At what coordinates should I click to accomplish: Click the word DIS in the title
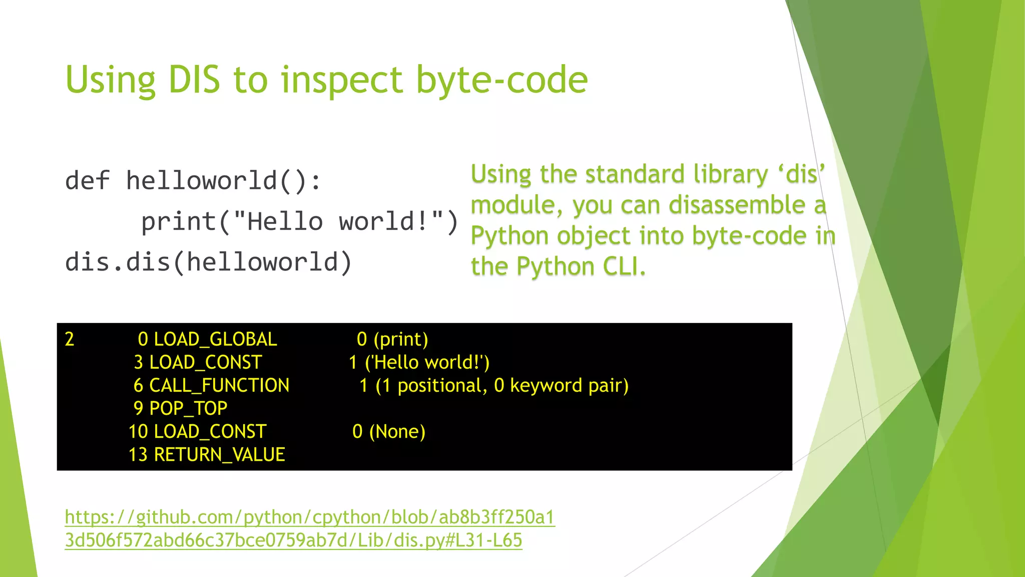coord(194,80)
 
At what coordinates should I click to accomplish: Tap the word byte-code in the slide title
coord(501,80)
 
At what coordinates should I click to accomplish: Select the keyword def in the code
coord(87,181)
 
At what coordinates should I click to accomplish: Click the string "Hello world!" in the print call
coord(338,222)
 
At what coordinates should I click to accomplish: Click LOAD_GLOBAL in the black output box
coord(215,340)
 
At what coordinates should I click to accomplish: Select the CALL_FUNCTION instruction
coord(219,386)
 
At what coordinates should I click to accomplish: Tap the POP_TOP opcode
coord(188,409)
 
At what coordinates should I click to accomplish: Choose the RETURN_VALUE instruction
coord(219,455)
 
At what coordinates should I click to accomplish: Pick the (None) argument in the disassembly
coord(397,432)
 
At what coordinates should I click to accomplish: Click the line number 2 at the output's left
coord(70,340)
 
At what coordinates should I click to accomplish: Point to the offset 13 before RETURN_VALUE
coord(138,455)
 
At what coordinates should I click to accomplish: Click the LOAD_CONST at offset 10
coord(210,432)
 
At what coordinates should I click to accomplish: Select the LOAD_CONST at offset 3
coord(205,363)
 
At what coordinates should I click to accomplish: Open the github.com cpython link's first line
coord(310,517)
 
